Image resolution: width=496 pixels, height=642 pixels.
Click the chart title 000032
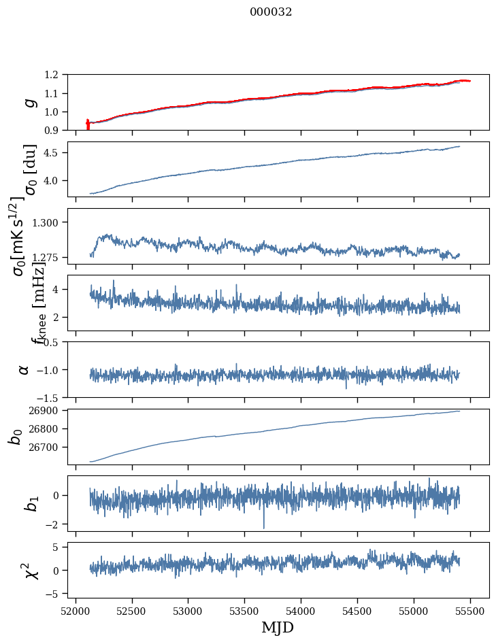271,12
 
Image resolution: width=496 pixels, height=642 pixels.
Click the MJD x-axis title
278,627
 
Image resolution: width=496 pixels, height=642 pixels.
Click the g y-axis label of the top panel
29,102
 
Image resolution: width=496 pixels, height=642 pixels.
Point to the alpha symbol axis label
24,369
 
